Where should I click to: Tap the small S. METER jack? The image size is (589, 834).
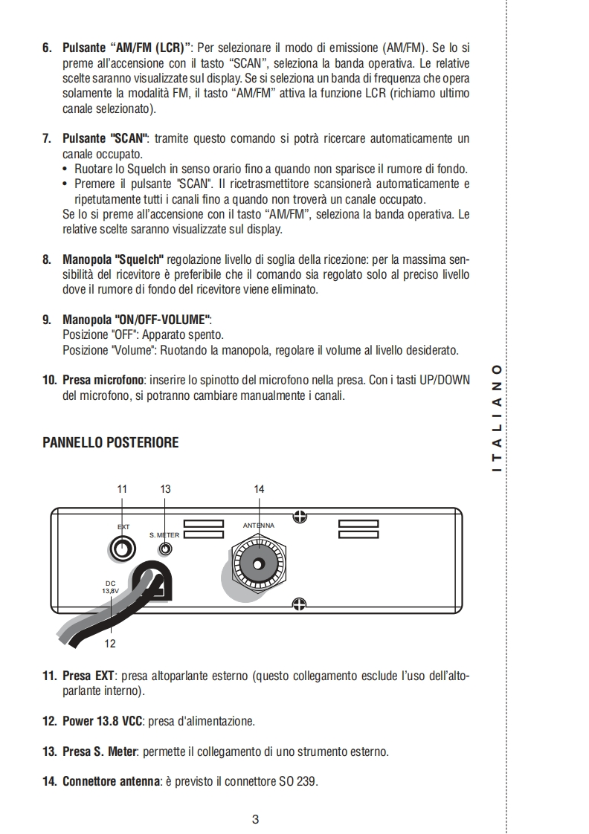(166, 549)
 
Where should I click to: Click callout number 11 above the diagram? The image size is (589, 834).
(123, 488)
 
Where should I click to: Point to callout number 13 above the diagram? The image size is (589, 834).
(166, 488)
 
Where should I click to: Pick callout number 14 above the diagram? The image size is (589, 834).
(259, 488)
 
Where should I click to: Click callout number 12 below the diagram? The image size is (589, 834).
(111, 644)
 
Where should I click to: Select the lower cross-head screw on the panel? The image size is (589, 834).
(300, 603)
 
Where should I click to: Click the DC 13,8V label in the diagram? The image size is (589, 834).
(110, 586)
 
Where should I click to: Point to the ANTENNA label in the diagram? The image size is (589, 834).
(259, 526)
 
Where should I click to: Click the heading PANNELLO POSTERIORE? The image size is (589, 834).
(110, 442)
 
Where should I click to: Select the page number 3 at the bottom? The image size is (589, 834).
(255, 820)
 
